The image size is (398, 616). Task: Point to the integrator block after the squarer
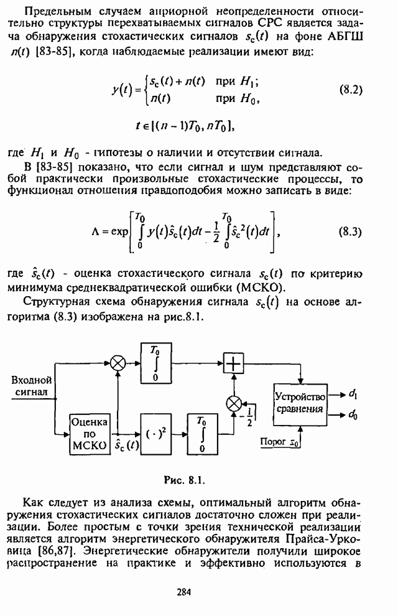[202, 432]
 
